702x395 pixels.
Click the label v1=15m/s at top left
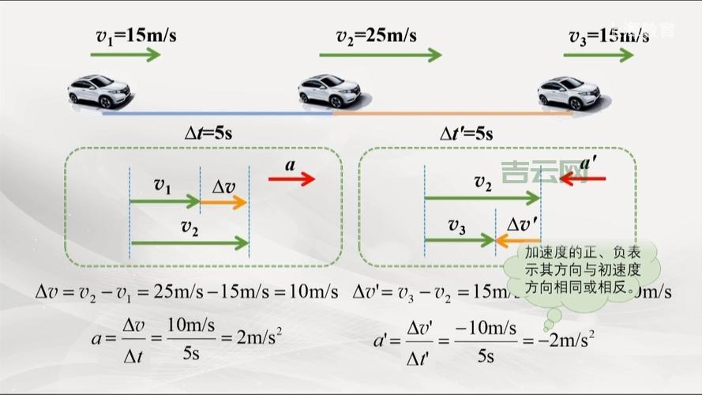click(x=130, y=36)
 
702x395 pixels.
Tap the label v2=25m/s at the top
click(x=377, y=36)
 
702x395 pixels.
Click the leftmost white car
click(x=100, y=91)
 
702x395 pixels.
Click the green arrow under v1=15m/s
click(x=126, y=55)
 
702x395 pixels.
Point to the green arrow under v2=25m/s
click(x=381, y=55)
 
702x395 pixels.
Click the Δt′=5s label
click(x=466, y=134)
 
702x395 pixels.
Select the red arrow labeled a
click(x=291, y=179)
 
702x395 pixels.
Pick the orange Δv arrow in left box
click(x=223, y=202)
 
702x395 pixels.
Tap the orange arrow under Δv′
click(x=518, y=239)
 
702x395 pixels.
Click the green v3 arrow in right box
click(x=459, y=239)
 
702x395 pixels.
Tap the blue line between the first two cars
click(x=217, y=113)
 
